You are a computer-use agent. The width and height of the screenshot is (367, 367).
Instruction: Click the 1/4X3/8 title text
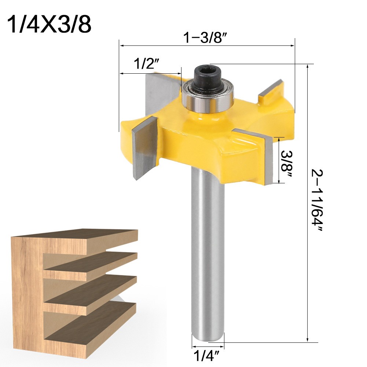tap(49, 24)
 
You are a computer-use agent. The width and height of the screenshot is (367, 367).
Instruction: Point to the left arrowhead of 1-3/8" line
tap(121, 46)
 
